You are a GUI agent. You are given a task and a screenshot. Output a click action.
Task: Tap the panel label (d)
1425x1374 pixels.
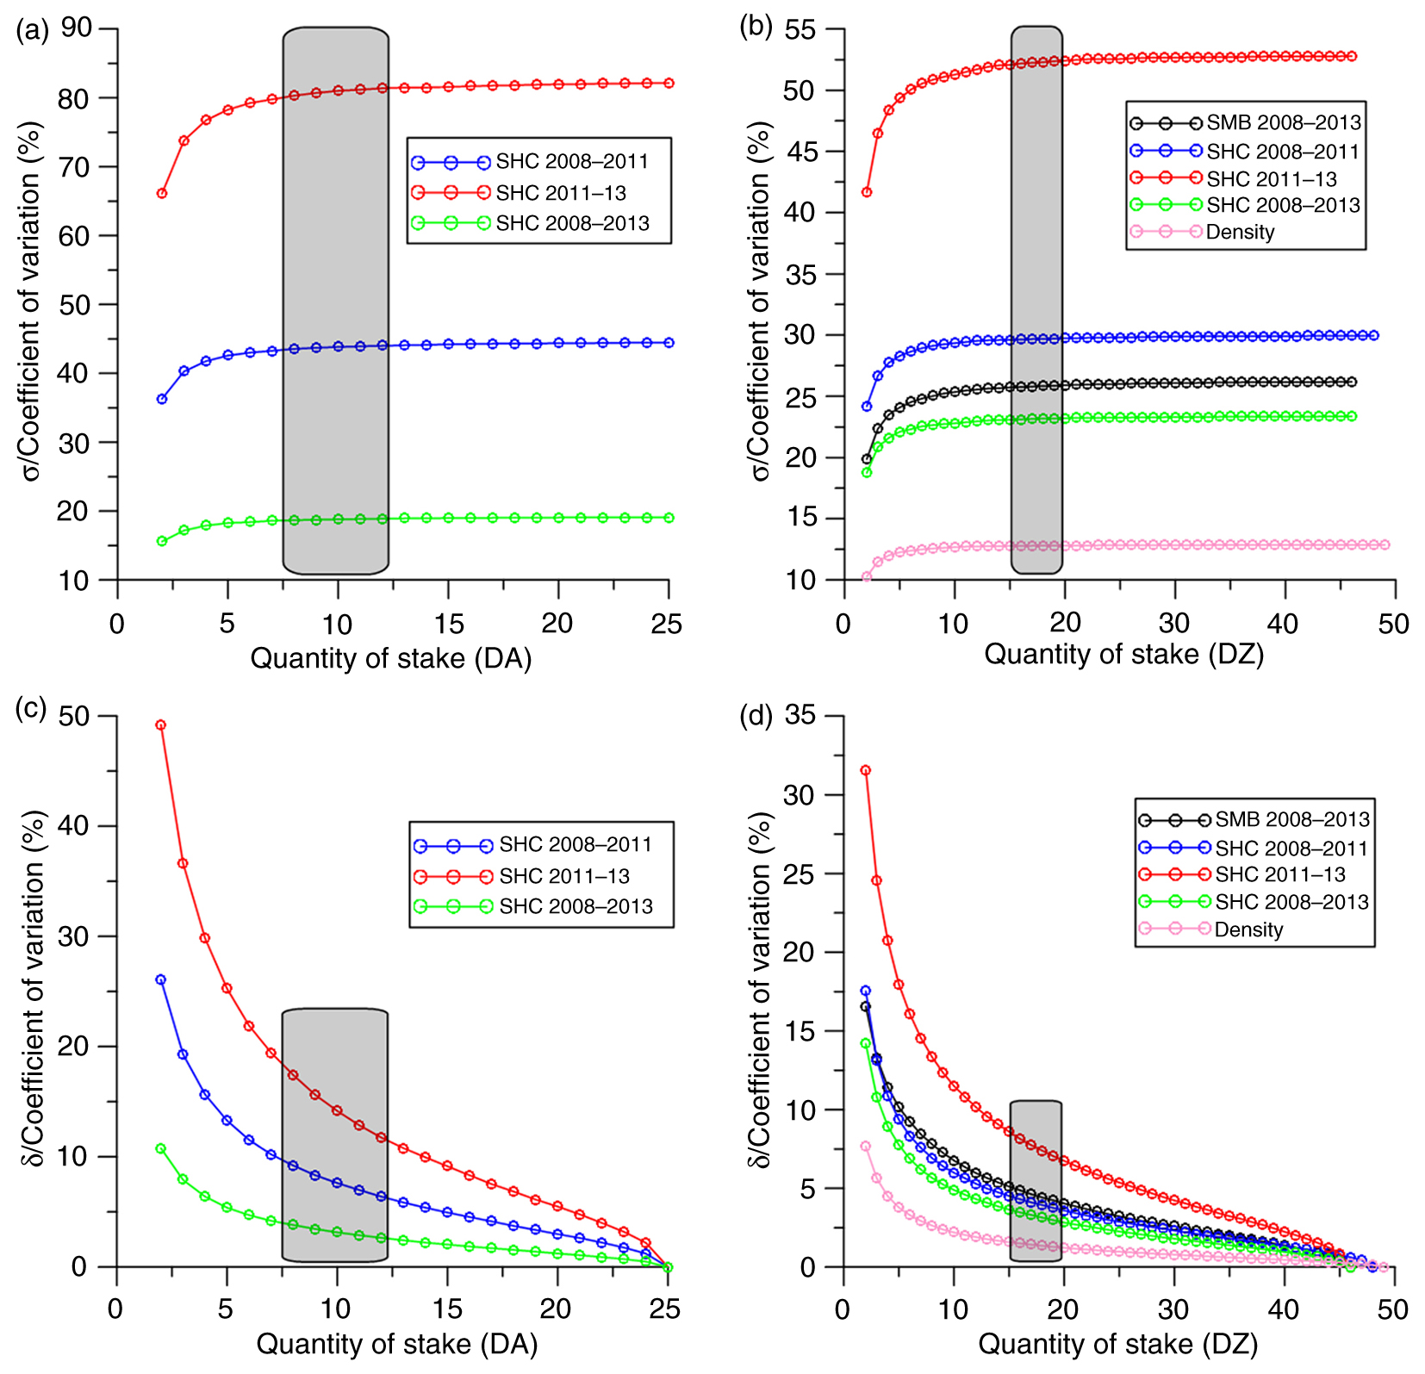(756, 717)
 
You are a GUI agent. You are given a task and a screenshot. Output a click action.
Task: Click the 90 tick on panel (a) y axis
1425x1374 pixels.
(77, 28)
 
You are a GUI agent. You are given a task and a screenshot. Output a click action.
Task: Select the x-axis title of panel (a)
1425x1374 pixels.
(390, 659)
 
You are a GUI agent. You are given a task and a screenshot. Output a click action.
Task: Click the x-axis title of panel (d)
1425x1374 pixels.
(1117, 1344)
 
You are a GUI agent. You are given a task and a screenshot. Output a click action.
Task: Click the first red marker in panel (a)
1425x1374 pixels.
(162, 194)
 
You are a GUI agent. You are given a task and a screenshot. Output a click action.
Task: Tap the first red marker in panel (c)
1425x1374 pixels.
(160, 725)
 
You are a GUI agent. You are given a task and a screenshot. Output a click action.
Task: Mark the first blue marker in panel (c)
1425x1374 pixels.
(160, 979)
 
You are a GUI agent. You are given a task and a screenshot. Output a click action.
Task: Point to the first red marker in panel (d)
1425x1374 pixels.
(866, 770)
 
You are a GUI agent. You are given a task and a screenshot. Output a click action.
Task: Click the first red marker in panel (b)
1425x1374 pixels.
(867, 192)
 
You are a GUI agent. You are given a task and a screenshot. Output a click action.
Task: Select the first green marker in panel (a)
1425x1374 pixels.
(162, 541)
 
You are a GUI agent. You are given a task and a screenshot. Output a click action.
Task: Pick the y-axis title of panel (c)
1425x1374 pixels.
(33, 991)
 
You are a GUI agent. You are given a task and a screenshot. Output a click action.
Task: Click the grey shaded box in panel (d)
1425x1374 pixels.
(1036, 1180)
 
